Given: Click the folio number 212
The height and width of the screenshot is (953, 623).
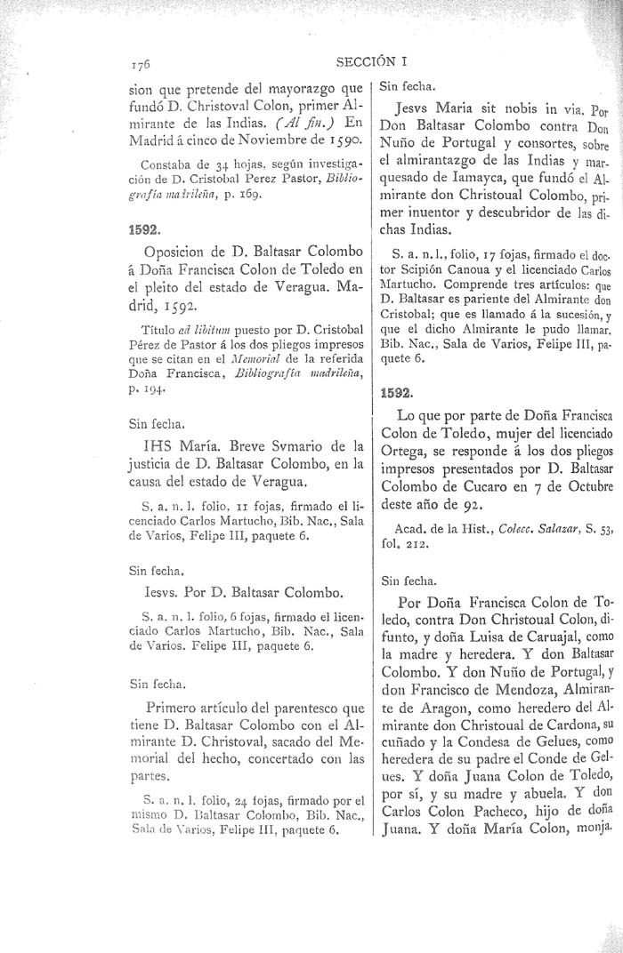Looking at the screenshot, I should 417,545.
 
